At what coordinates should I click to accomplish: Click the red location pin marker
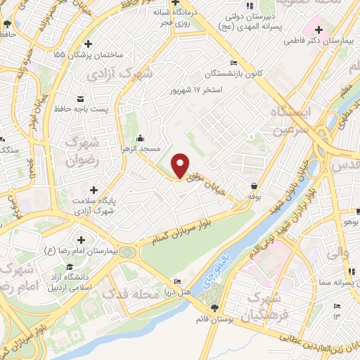[180, 165]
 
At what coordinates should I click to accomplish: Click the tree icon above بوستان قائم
[215, 308]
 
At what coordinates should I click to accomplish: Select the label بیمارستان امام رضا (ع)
[83, 250]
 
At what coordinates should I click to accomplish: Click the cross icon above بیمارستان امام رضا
[84, 240]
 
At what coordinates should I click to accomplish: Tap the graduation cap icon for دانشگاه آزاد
[69, 267]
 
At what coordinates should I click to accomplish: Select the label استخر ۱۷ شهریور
[198, 91]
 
